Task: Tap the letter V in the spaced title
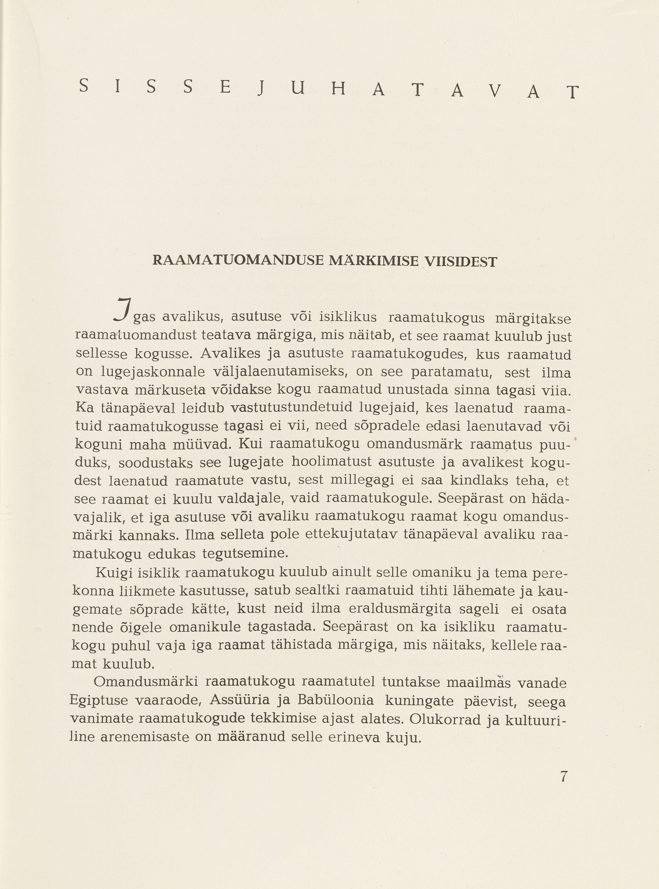coord(495,92)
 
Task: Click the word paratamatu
coord(451,372)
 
